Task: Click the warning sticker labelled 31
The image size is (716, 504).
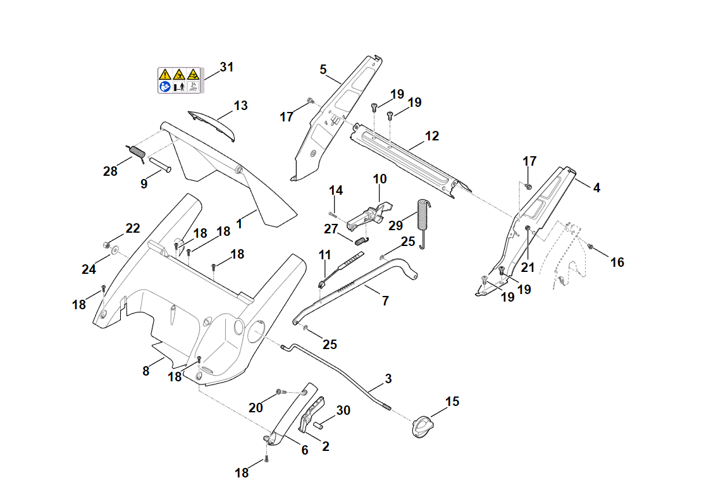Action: [178, 80]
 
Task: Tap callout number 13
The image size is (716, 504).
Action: [240, 106]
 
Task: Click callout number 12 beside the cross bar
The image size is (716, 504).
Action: [432, 136]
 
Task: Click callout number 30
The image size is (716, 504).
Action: [343, 410]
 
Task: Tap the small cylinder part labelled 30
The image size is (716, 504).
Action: [316, 420]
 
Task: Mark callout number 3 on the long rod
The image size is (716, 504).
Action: [388, 379]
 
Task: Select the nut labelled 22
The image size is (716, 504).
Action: [106, 245]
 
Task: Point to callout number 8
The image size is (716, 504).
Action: [146, 371]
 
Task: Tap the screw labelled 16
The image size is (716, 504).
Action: [590, 247]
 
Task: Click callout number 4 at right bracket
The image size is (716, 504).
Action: [596, 188]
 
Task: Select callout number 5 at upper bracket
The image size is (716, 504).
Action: [323, 70]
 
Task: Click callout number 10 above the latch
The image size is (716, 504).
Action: [380, 179]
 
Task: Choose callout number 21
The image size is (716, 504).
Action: [528, 267]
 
